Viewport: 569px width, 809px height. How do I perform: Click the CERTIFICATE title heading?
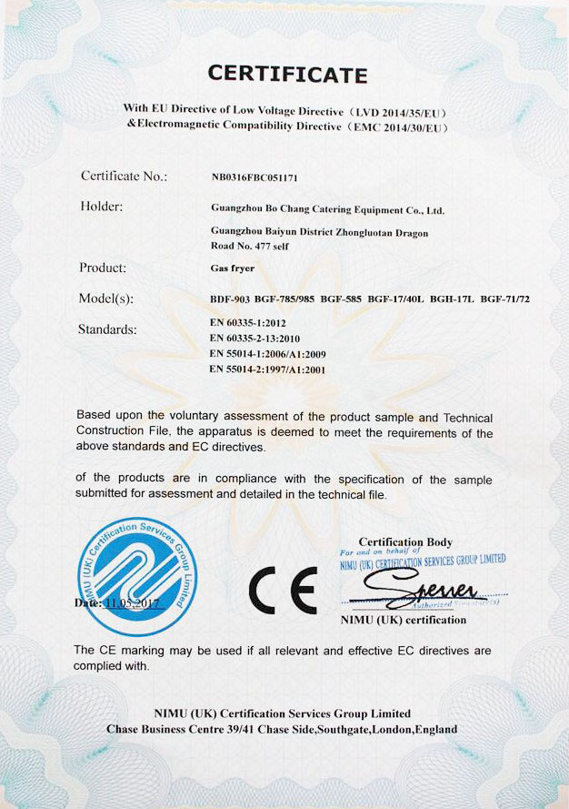tap(287, 74)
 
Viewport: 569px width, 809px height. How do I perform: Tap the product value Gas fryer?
tap(227, 270)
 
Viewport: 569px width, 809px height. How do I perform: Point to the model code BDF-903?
tap(228, 299)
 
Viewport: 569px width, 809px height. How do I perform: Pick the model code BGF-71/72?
tap(504, 299)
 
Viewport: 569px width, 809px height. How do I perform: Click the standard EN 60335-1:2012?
tap(247, 322)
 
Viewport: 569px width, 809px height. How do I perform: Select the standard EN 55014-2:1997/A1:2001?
tap(266, 369)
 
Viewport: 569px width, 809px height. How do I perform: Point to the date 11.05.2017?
tap(134, 603)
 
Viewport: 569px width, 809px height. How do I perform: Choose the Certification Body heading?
tap(405, 542)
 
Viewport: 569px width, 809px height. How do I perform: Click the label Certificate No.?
tap(124, 177)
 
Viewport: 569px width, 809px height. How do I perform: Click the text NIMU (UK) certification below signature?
tap(403, 620)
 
